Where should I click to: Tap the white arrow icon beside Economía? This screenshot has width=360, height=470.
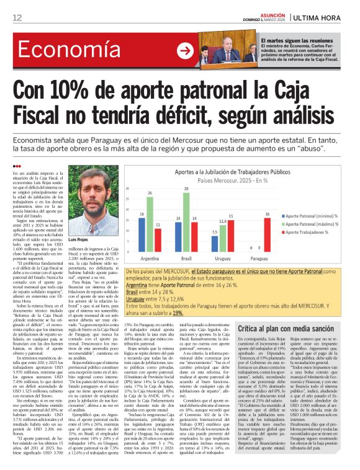184,51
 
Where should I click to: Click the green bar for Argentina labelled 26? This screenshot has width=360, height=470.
150,218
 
